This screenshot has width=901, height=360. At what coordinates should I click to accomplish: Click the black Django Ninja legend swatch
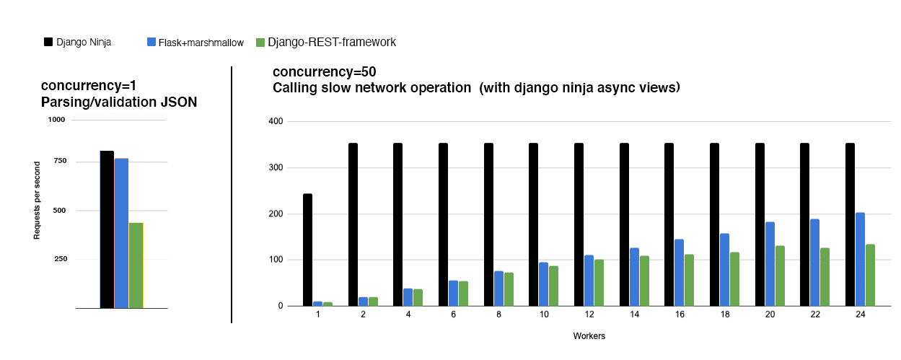click(48, 42)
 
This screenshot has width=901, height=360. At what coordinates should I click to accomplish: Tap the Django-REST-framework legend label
click(332, 42)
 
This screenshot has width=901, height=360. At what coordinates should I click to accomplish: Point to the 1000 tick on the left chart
click(57, 120)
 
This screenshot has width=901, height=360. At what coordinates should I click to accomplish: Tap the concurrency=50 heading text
click(325, 72)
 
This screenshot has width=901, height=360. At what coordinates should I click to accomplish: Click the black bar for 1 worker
click(308, 250)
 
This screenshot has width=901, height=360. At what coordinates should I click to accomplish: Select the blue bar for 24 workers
click(860, 259)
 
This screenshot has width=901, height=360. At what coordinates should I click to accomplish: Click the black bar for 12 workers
click(579, 224)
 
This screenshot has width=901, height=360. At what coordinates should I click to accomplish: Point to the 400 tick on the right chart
click(274, 121)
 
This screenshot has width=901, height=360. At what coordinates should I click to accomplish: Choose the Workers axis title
click(589, 336)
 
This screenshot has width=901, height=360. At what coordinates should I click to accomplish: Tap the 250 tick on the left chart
click(60, 259)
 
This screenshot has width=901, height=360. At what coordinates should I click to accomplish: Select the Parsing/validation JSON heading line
click(119, 102)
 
